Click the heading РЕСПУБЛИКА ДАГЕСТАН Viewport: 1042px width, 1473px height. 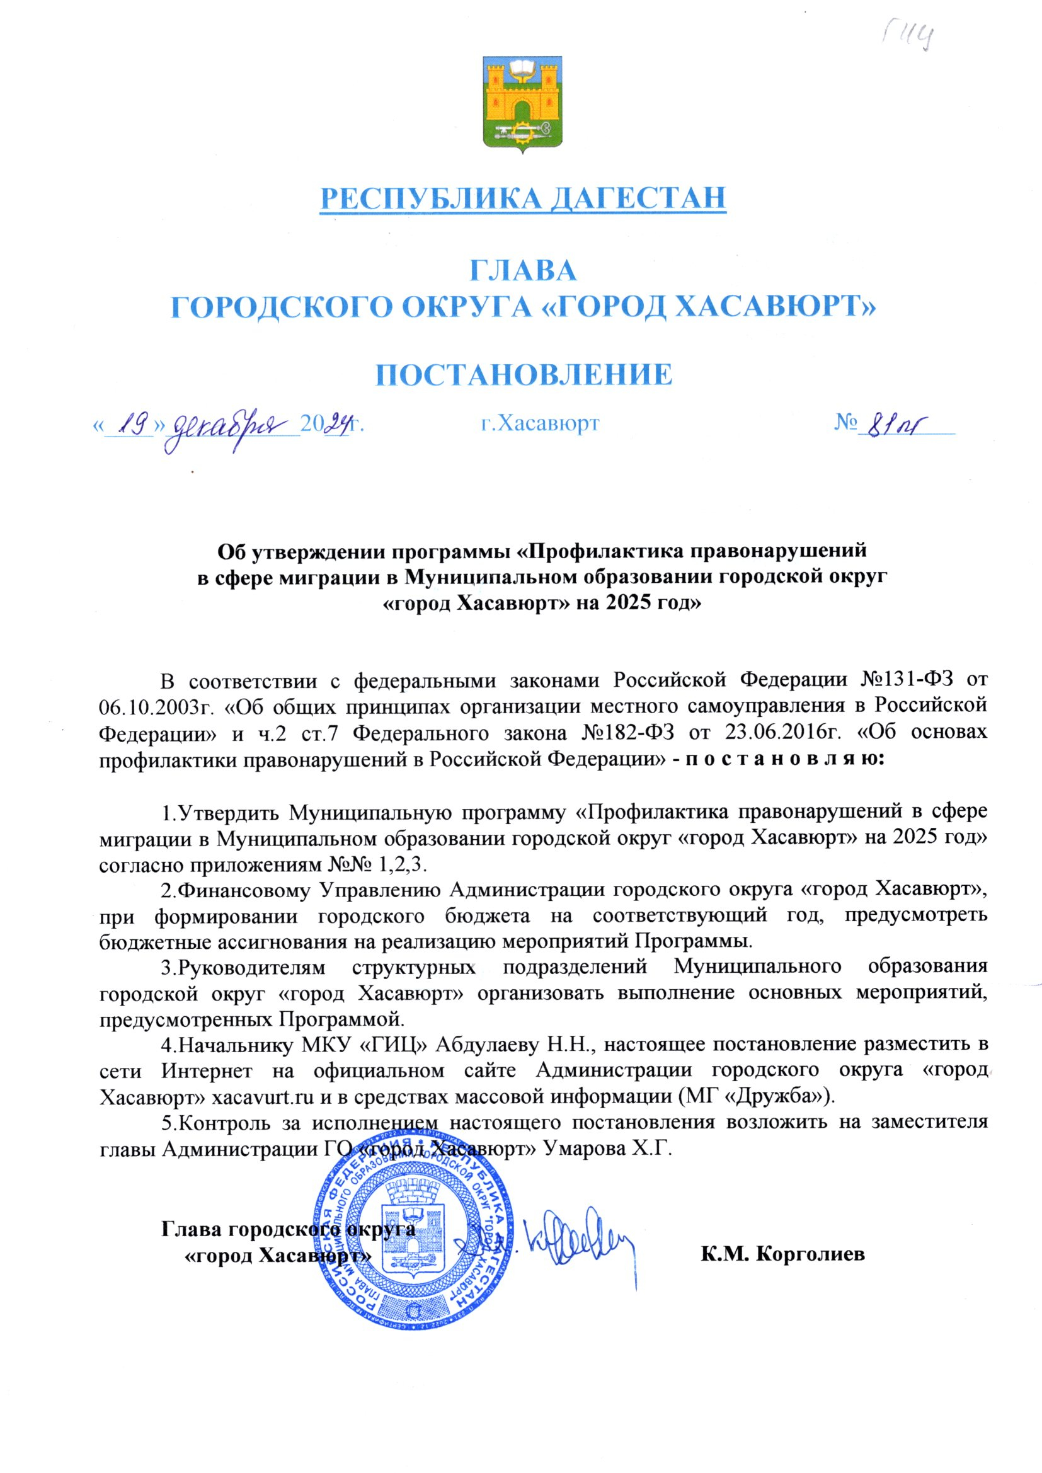click(523, 198)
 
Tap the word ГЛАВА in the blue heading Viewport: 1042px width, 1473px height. click(524, 271)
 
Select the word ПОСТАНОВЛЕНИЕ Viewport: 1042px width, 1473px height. click(524, 374)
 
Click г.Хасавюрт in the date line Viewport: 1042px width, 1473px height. click(540, 423)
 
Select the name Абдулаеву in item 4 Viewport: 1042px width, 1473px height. click(488, 1045)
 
